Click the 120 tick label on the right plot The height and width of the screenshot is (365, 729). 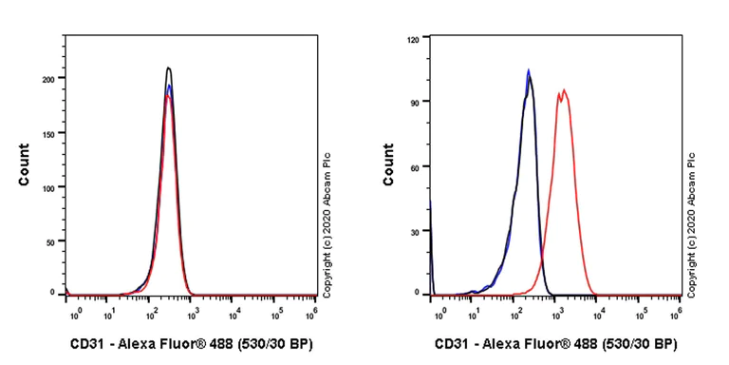point(413,40)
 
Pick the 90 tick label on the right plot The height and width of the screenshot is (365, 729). point(416,102)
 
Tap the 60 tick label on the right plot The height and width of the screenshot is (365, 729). point(416,167)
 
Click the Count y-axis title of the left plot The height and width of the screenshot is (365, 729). point(24,164)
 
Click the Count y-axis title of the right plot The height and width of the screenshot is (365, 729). point(388,164)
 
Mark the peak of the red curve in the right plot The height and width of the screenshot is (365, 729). point(564,90)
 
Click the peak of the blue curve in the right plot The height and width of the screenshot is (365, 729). point(528,69)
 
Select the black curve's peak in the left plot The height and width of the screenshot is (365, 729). point(168,67)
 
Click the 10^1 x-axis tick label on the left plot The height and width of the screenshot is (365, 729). point(110,311)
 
